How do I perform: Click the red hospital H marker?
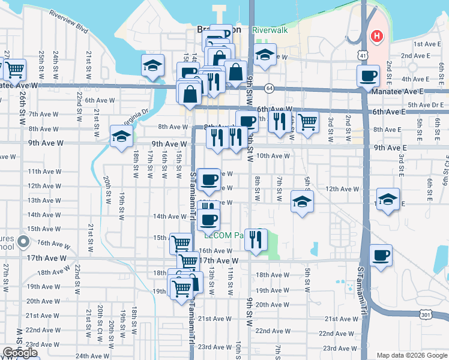point(376,37)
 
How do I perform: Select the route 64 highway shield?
point(270,88)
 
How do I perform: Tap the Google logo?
point(20,353)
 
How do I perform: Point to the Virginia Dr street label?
point(137,113)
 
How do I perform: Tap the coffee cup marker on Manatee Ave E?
point(367,75)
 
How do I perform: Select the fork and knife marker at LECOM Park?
point(256,239)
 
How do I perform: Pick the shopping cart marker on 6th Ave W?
point(307,122)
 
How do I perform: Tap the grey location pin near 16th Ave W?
point(23,242)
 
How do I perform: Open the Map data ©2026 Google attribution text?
point(412,355)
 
